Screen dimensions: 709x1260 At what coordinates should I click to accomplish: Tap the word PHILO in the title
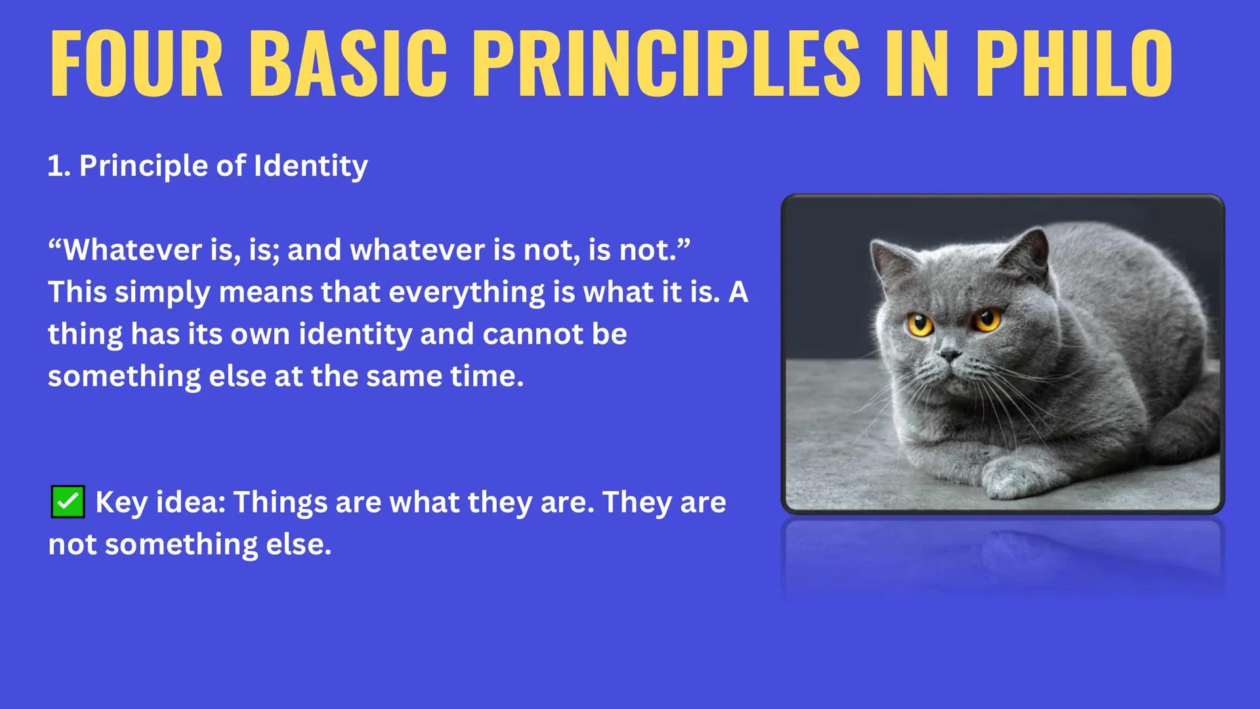1074,64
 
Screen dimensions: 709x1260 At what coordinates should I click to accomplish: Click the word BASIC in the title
348,64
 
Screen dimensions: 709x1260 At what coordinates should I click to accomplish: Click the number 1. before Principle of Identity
58,166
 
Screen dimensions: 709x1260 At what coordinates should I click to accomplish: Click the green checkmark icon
68,502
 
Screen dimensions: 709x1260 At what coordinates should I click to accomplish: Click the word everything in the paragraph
467,292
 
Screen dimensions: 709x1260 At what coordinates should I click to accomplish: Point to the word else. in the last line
299,544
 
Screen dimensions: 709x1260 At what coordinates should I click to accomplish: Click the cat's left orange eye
920,324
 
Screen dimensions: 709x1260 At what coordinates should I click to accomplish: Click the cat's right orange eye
986,320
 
